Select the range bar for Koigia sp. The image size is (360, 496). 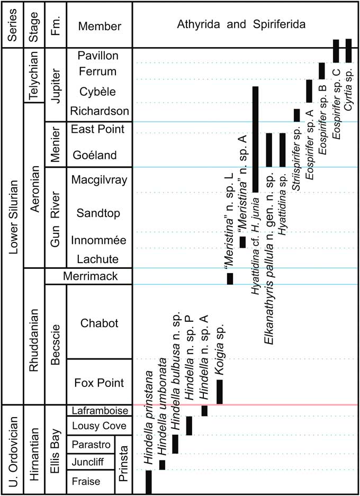[x=220, y=392]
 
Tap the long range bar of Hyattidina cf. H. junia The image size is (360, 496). [x=255, y=139]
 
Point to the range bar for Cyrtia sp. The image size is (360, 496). [x=348, y=51]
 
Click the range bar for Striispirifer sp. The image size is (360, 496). [x=296, y=115]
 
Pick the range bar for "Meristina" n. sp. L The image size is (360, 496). [x=230, y=278]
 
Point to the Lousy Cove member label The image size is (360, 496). [x=99, y=426]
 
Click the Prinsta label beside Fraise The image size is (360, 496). [x=123, y=464]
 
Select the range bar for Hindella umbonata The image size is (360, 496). [x=162, y=465]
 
